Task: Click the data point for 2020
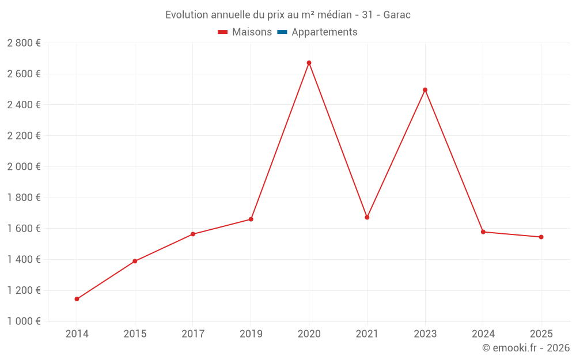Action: (x=309, y=63)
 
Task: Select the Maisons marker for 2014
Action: (x=77, y=299)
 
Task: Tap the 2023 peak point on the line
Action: (x=425, y=90)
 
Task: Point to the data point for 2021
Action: (x=367, y=217)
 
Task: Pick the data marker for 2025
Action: (x=541, y=237)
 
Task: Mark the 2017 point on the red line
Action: (x=193, y=234)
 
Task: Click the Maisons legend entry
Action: (x=245, y=32)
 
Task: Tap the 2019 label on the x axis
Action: (x=251, y=334)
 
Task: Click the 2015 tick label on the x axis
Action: (x=135, y=334)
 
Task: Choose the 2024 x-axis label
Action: (x=483, y=334)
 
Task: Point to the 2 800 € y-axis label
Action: (x=24, y=43)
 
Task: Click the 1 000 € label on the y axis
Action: (x=24, y=321)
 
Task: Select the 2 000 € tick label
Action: (x=24, y=166)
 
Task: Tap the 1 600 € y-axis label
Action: (x=24, y=228)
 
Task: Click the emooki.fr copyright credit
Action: (x=526, y=348)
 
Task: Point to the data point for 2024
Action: (x=483, y=232)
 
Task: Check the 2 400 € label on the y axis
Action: (x=24, y=104)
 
